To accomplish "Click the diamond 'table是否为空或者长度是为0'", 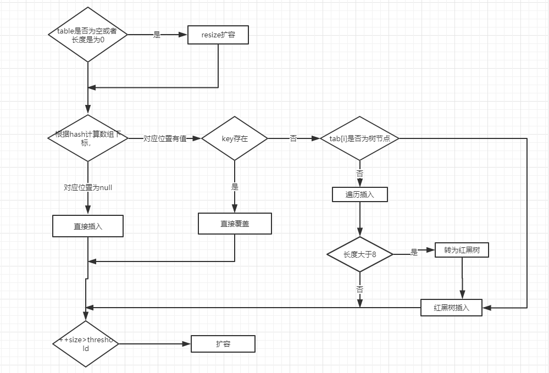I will (x=88, y=35).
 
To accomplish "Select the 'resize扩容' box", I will (x=218, y=35).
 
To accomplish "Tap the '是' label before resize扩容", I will (x=157, y=35).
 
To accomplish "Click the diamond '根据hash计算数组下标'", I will (x=88, y=138).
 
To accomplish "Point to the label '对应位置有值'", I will (x=165, y=138).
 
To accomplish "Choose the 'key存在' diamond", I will (x=235, y=138).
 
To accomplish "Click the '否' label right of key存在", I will (x=293, y=138).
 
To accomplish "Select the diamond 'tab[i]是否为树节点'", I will (x=360, y=138).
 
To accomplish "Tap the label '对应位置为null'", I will (x=88, y=187).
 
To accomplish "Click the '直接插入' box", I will (x=88, y=226).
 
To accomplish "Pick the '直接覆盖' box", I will (x=235, y=224).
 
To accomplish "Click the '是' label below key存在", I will (x=235, y=187).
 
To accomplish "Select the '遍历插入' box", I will (x=360, y=194).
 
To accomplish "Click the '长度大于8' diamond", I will (x=360, y=254).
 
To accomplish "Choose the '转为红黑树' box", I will (x=462, y=250).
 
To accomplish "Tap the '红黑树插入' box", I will (x=452, y=308).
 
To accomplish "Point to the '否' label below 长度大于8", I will (x=360, y=289).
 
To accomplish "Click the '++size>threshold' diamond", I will (x=86, y=344).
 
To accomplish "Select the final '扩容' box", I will (x=223, y=344).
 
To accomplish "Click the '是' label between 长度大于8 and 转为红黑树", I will (x=414, y=252).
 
